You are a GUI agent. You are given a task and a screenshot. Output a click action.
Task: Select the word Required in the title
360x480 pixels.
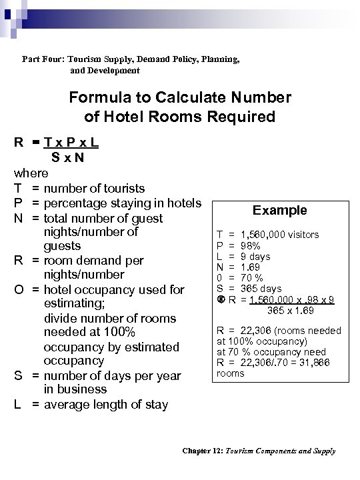[x=238, y=117]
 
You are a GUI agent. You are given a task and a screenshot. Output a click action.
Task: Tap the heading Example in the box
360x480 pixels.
[x=280, y=211]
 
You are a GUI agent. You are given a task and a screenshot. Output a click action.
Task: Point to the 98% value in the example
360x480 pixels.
[x=250, y=245]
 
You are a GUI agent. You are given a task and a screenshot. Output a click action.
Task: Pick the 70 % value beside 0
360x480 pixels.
[x=253, y=277]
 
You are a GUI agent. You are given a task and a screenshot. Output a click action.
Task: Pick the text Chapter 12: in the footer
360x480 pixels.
[x=205, y=451]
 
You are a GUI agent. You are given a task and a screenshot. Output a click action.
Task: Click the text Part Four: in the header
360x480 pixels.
[x=44, y=59]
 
